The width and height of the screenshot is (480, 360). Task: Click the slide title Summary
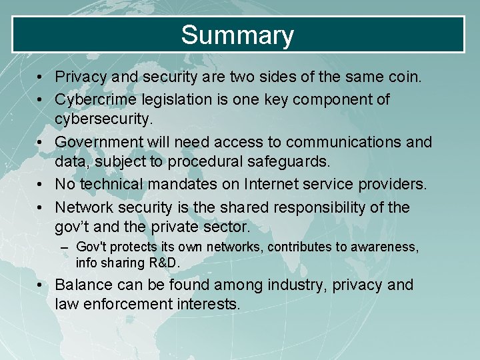237,35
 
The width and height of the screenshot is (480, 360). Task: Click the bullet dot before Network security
41,207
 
